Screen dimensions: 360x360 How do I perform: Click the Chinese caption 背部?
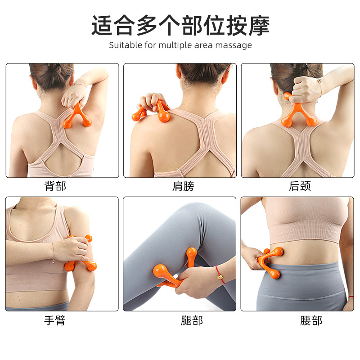[x=55, y=186]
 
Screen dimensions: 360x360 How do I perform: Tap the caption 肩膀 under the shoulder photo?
[x=183, y=186]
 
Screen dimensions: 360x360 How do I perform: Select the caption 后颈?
[x=300, y=186]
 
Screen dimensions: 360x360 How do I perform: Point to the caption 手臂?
[x=54, y=320]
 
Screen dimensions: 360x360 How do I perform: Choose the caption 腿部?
[x=192, y=320]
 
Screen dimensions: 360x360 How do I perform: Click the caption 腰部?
[x=311, y=320]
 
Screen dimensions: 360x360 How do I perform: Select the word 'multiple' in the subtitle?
[x=175, y=45]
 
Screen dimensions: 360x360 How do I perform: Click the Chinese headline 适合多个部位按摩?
[x=180, y=25]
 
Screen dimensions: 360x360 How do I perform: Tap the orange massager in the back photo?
[x=77, y=117]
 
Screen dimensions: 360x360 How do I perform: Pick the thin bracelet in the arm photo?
[x=53, y=252]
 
